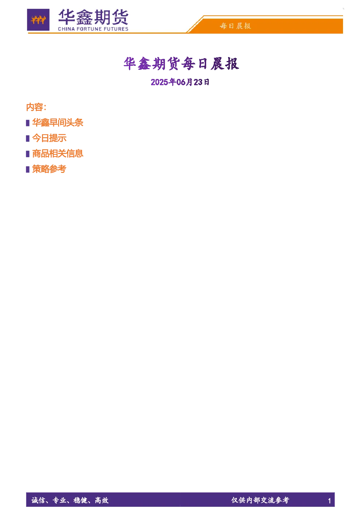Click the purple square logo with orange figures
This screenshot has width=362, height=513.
[x=38, y=20]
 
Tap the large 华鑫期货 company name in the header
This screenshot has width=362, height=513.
[x=93, y=17]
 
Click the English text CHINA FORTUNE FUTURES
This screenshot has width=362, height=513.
[x=93, y=29]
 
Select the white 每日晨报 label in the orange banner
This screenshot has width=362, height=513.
[x=236, y=26]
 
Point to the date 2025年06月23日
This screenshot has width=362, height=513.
[x=180, y=82]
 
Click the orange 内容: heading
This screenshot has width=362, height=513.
[x=36, y=107]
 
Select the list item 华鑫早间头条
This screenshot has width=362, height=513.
[x=58, y=122]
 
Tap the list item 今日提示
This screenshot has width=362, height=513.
[x=49, y=138]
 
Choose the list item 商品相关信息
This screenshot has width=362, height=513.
[x=58, y=154]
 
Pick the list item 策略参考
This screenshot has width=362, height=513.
[x=49, y=169]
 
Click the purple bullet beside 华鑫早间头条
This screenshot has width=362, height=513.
[x=28, y=123]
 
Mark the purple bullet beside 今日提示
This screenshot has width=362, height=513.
[x=28, y=139]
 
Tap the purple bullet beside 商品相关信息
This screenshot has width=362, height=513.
[x=28, y=154]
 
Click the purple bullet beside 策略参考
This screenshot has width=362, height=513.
[x=28, y=169]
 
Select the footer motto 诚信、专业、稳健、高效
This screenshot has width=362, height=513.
[x=70, y=500]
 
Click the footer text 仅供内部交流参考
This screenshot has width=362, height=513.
[x=260, y=500]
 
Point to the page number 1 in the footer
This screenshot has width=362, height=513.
[x=329, y=501]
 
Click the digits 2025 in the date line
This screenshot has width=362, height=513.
[x=159, y=82]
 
